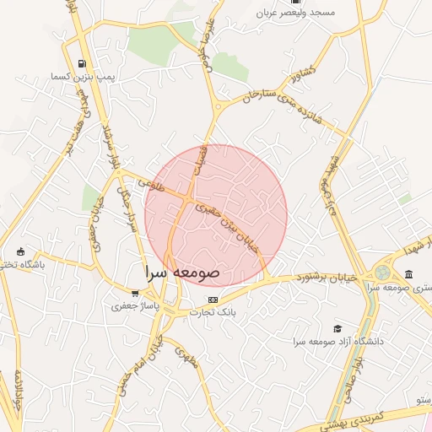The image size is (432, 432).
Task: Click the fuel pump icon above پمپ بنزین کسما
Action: [81, 63]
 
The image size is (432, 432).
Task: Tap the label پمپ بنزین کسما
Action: [81, 78]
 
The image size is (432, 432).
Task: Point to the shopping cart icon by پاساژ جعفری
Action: [134, 293]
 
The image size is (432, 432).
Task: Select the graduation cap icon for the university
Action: [338, 327]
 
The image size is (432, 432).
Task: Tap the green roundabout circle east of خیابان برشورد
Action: [383, 273]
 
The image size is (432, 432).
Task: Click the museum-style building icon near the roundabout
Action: [409, 274]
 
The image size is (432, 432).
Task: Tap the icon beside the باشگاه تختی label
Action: [21, 251]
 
